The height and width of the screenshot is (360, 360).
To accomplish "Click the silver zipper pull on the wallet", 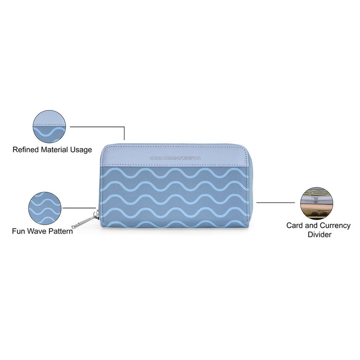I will point(87,220).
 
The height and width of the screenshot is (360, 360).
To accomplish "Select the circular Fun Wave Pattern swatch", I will point(45,209).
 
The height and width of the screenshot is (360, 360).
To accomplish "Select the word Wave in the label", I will point(38,231).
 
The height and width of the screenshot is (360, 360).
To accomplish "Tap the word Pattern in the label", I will point(61,231).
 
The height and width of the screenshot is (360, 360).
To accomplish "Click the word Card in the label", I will point(296,225).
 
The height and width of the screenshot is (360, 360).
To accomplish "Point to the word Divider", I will point(319,235).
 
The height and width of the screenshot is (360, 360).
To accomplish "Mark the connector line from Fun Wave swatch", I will point(77,208).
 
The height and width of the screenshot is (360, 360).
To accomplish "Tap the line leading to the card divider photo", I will point(278,202).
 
